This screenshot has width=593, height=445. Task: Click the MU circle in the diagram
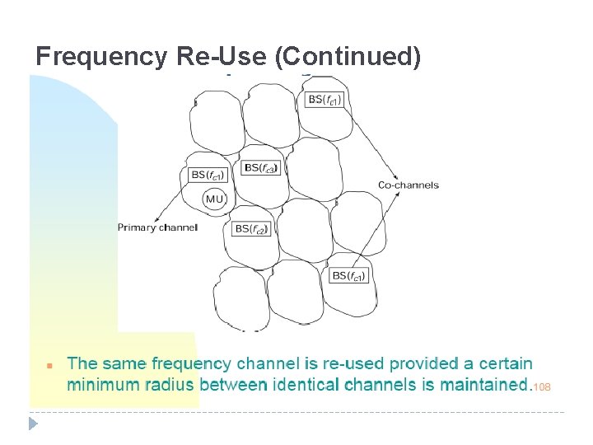point(214,199)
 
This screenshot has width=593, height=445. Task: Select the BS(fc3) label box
point(261,168)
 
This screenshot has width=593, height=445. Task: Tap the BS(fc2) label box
point(251,228)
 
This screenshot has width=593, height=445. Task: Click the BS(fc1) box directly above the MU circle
point(208,175)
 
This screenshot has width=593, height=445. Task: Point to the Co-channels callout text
point(409,185)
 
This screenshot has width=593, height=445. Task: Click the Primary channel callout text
point(157,227)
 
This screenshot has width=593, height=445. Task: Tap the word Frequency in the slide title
point(102,57)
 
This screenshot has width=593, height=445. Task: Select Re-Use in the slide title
point(222,57)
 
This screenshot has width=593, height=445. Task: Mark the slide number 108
point(541,386)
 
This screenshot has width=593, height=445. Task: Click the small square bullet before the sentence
point(50,364)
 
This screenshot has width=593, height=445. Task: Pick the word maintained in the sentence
point(483,384)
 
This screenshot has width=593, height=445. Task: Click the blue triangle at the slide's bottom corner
point(33,424)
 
